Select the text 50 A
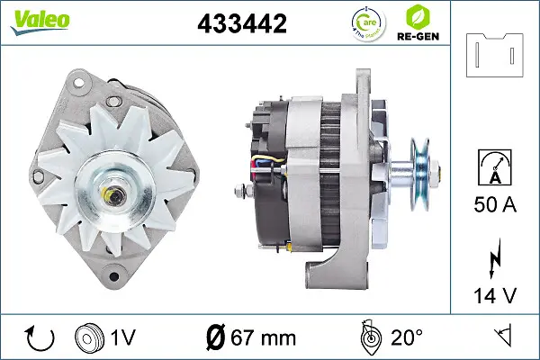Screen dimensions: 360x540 coord(495,205)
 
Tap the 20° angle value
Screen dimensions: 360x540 coord(406,338)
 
